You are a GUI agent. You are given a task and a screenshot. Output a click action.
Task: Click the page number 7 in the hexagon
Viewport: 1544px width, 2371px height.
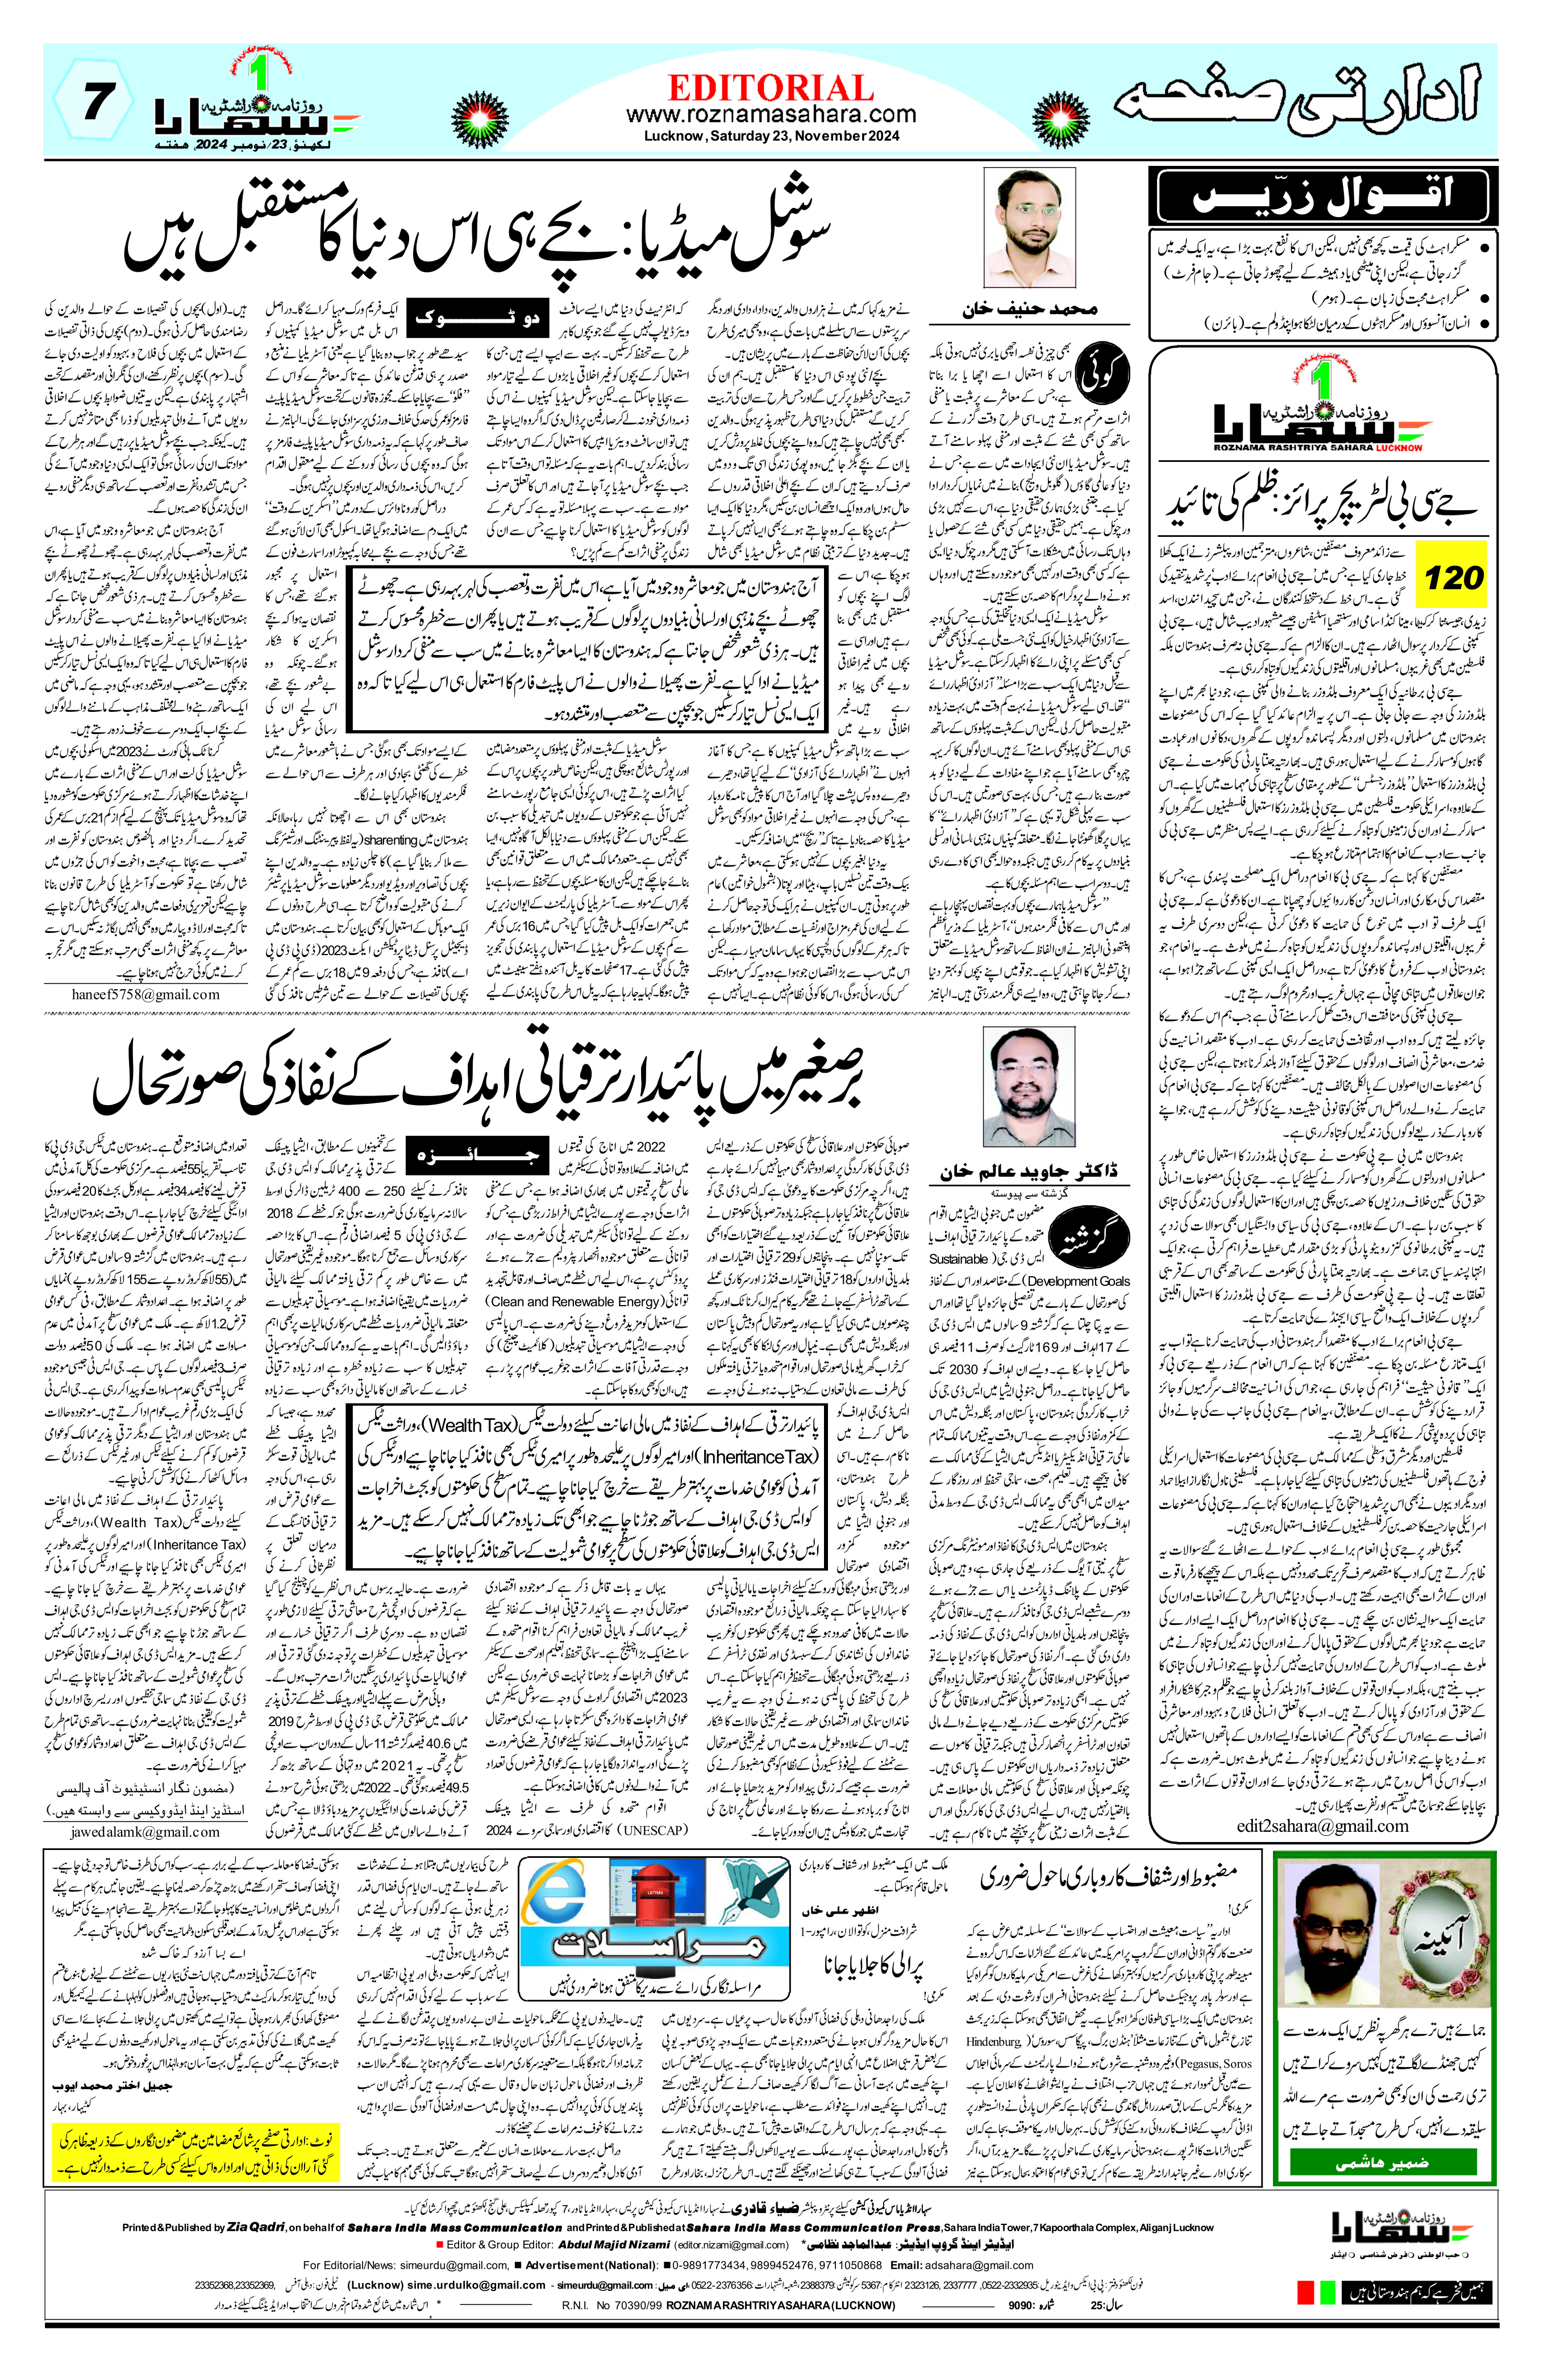point(95,103)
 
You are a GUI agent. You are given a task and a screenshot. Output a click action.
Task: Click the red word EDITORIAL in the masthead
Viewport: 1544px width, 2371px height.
point(771,87)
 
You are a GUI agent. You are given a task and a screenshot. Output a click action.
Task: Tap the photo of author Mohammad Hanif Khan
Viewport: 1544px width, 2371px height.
point(1029,228)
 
